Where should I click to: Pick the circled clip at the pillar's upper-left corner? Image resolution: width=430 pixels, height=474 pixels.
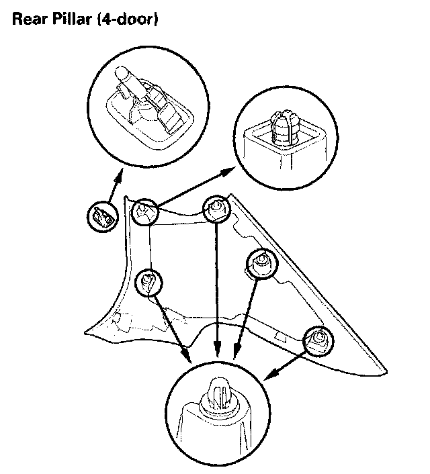144,213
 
